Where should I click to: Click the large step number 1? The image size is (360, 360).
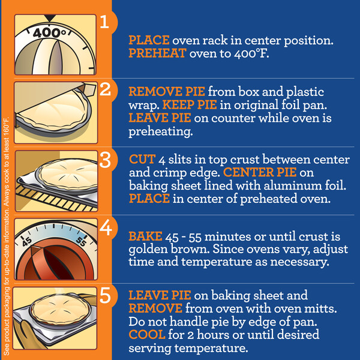pos(104,22)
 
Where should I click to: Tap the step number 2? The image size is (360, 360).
pos(105,89)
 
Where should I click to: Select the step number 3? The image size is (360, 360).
pos(106,160)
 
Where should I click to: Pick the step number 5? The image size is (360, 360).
pos(106,295)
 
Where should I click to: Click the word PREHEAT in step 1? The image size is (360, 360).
pos(157,53)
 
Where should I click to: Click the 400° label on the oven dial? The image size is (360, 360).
pos(49,33)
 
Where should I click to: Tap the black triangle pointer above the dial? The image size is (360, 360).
pos(50,19)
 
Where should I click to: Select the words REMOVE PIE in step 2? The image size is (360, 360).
pos(167,92)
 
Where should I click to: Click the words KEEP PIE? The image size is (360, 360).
pos(190,104)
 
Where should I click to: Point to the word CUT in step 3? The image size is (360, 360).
pos(142,160)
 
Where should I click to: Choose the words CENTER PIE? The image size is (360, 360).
pos(260,172)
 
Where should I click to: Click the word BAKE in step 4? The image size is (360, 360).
pos(145,236)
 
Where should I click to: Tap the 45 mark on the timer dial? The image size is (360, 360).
pos(26,242)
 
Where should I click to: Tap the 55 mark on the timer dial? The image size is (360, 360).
pos(81,241)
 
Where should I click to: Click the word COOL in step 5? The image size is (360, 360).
pos(147,335)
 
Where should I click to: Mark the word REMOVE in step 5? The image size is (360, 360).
pos(155,308)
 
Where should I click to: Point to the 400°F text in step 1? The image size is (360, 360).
pos(251,54)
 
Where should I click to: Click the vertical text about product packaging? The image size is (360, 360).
pos(7,236)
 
